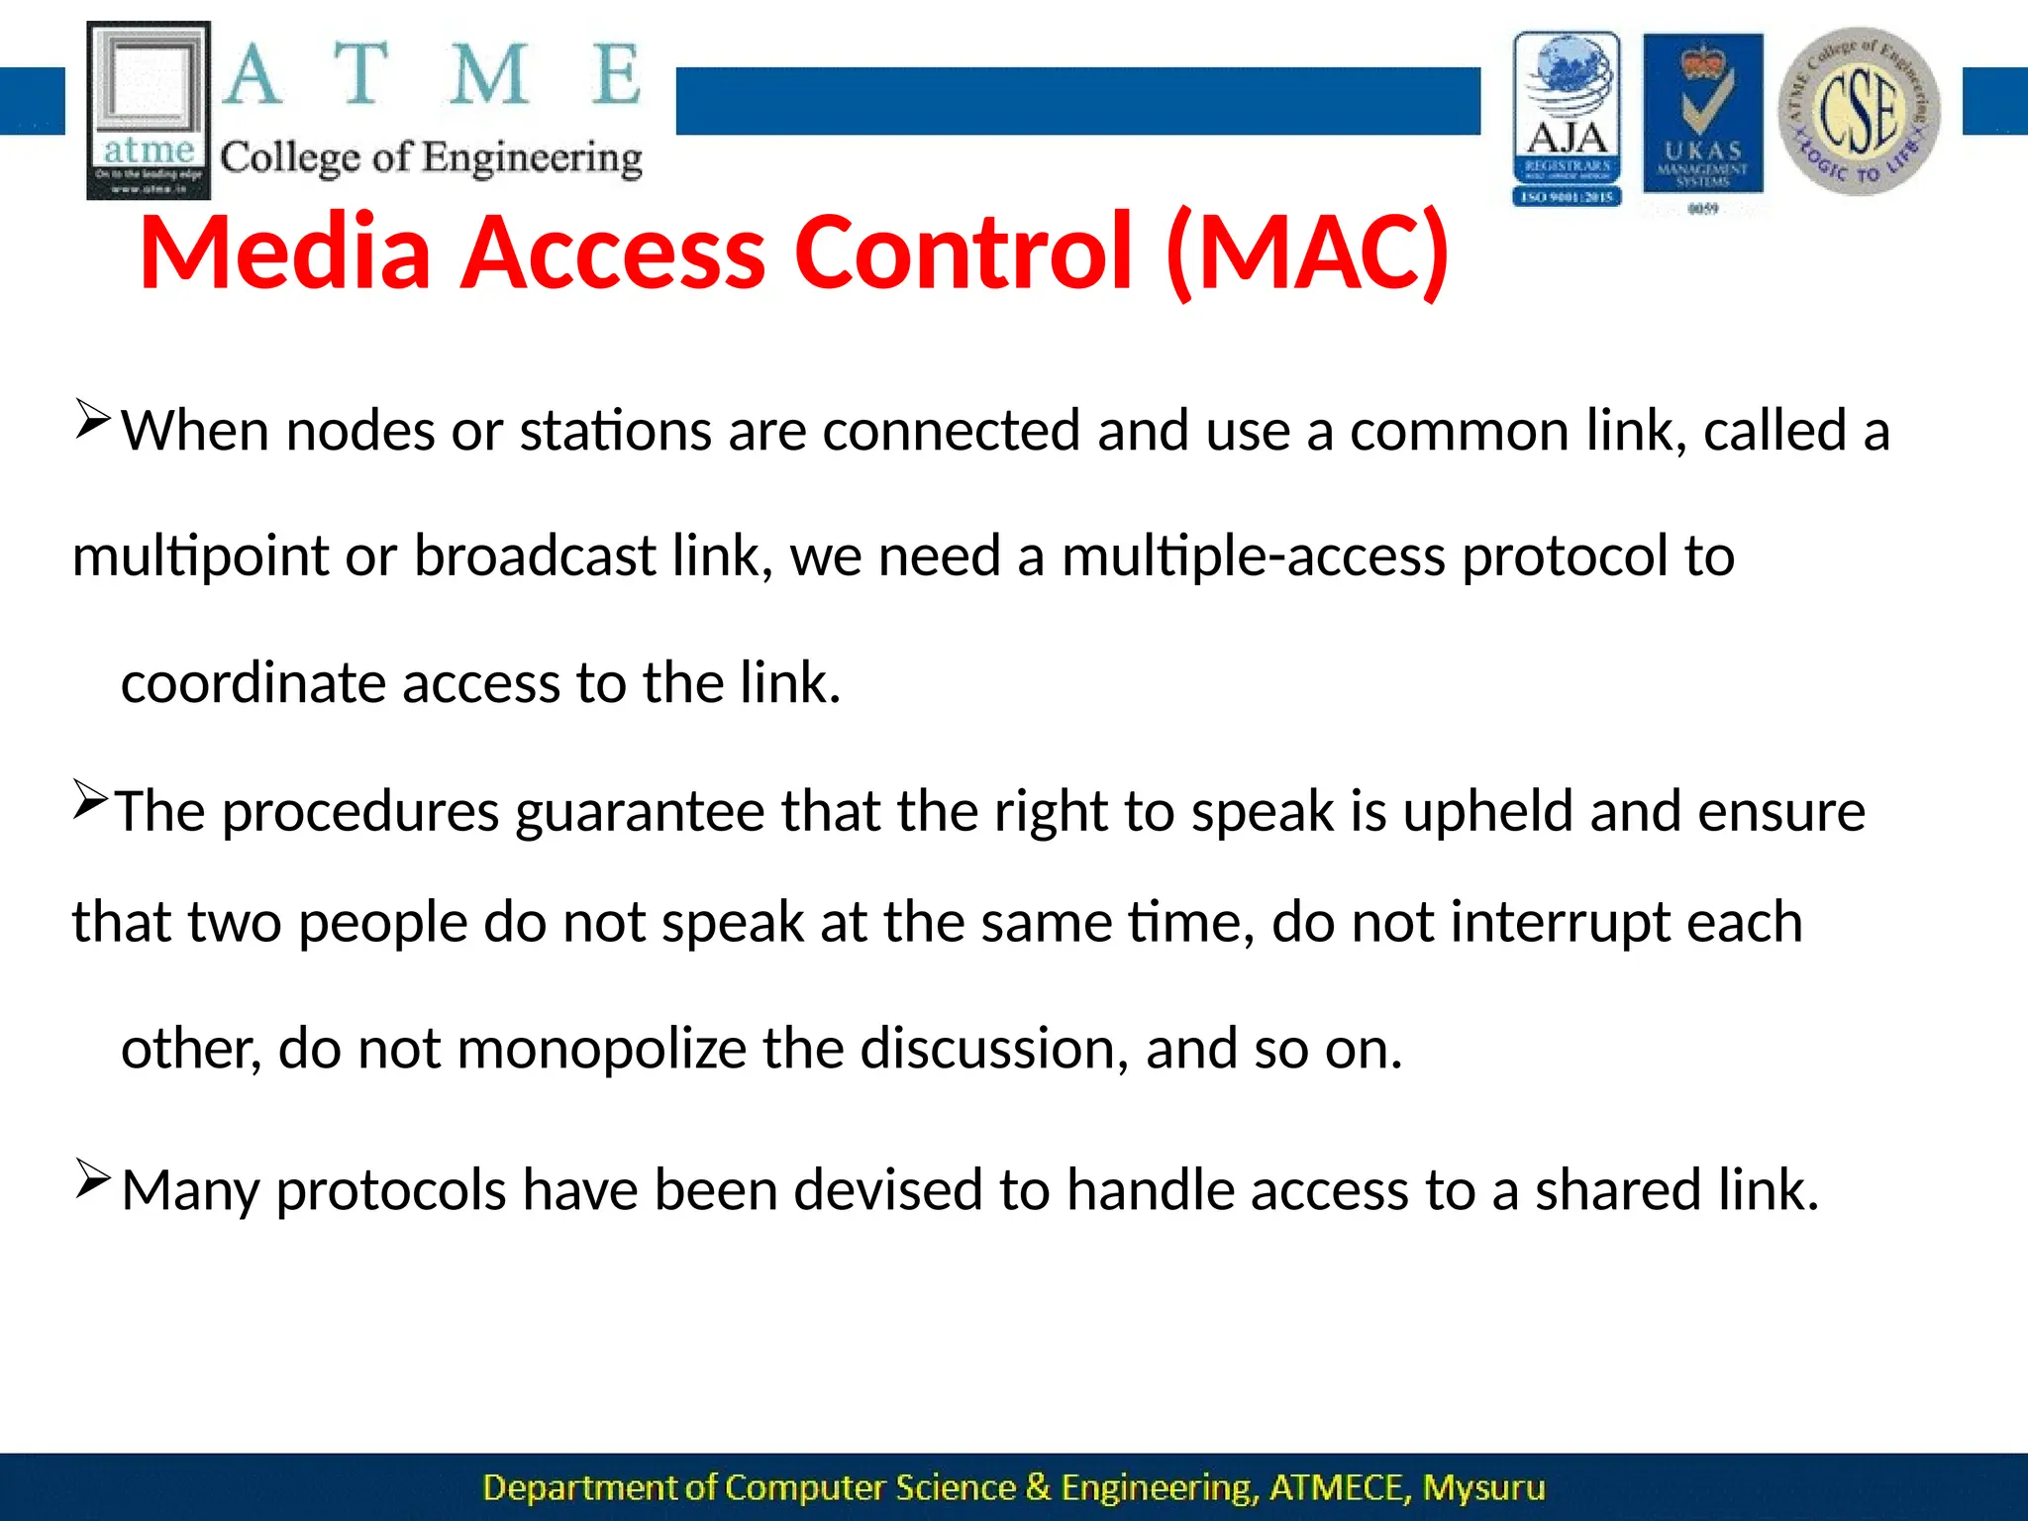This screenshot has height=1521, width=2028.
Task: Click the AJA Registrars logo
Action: (x=1567, y=119)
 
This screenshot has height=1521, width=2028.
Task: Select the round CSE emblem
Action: (x=1859, y=111)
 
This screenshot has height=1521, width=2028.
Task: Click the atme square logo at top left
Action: (x=149, y=110)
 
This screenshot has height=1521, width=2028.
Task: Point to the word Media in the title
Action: (x=285, y=253)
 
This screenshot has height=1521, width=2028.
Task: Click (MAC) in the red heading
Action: (x=1308, y=253)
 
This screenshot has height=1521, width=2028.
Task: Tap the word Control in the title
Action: (x=963, y=253)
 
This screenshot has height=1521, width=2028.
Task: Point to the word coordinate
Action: (x=253, y=683)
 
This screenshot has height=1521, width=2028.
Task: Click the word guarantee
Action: (x=640, y=812)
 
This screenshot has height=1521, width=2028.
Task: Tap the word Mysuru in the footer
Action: (x=1483, y=1488)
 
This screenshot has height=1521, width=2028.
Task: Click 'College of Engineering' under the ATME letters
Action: (x=431, y=158)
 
